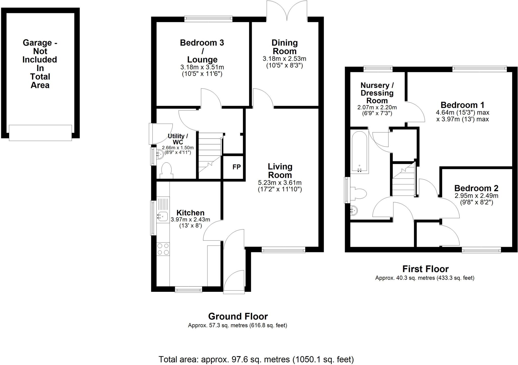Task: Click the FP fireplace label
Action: tap(236, 167)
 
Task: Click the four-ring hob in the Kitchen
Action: tap(163, 249)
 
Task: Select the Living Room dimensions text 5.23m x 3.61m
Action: tap(280, 182)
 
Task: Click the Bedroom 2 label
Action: tap(476, 188)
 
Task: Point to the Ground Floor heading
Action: tap(238, 316)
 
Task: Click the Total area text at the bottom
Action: tap(256, 359)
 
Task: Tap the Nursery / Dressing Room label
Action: tap(377, 93)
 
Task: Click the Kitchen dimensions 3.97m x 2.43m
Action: tap(190, 220)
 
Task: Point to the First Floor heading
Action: tap(425, 268)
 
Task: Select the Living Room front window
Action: tap(283, 250)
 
